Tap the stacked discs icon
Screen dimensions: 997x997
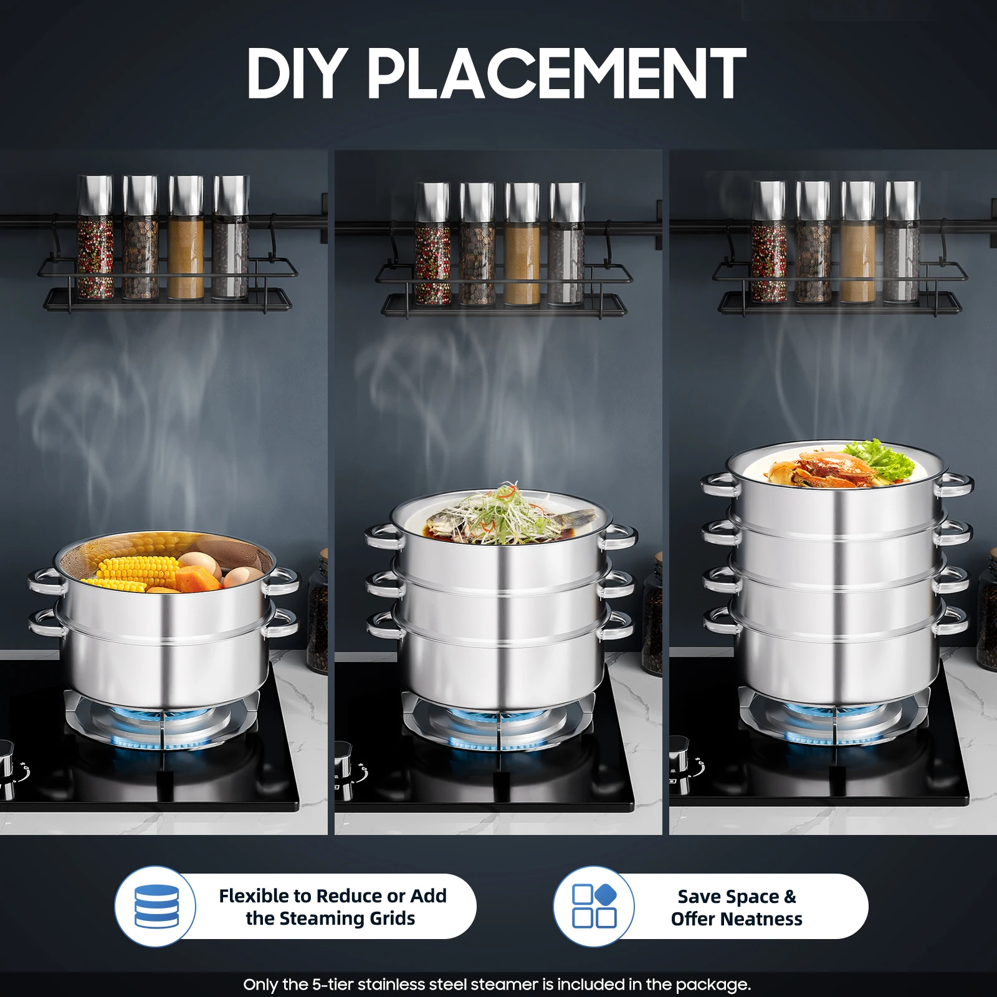[156, 906]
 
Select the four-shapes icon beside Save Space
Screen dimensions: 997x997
[594, 906]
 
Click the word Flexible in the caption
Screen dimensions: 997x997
[255, 896]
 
